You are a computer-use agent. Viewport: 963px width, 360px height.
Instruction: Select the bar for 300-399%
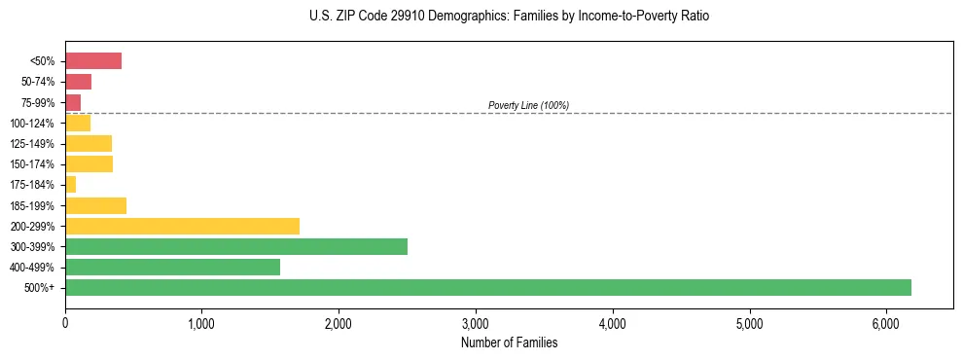coord(236,246)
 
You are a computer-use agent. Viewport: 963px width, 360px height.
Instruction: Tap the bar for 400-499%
coord(172,267)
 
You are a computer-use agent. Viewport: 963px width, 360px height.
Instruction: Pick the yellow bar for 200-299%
coord(182,226)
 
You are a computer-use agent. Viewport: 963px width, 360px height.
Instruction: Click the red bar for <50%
coord(93,61)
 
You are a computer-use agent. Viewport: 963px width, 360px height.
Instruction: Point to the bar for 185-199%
coord(95,205)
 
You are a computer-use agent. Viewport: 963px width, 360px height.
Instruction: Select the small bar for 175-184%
coord(71,184)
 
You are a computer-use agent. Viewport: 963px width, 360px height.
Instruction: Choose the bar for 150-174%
coord(89,163)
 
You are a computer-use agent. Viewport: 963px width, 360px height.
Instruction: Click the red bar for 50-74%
coord(78,82)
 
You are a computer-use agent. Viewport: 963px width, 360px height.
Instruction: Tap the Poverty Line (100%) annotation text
coord(528,105)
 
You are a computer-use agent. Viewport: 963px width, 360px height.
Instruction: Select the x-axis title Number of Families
coord(509,342)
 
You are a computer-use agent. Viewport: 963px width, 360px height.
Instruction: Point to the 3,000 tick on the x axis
coord(476,324)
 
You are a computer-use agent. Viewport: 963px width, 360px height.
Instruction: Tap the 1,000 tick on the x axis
coord(201,324)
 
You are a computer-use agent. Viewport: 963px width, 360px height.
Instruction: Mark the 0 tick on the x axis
coord(65,324)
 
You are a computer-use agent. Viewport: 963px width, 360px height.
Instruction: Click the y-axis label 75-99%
coord(38,103)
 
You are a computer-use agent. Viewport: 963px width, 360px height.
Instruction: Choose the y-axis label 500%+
coord(41,288)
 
